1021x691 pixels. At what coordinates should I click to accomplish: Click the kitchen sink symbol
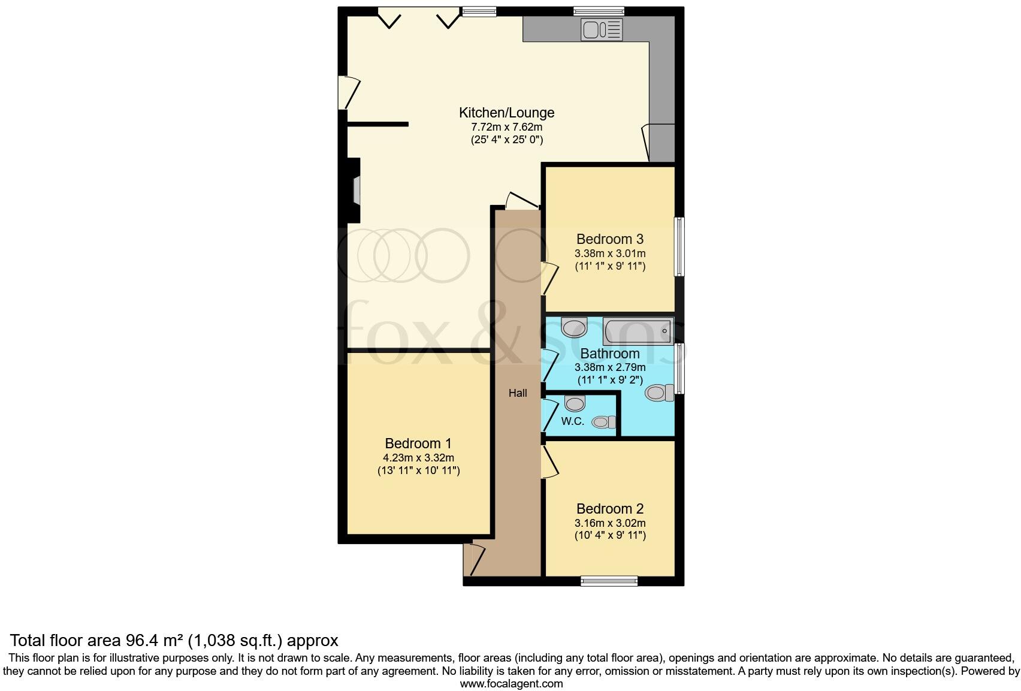(x=602, y=29)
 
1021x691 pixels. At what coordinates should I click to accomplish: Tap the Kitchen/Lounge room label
(x=506, y=113)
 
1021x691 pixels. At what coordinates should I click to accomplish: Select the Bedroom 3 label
(x=609, y=239)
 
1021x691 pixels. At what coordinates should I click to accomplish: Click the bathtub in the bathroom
(x=638, y=331)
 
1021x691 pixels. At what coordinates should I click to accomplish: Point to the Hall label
(x=518, y=393)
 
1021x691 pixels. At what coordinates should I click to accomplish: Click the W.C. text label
(x=572, y=421)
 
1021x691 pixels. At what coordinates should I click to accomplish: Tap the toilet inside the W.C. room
(x=603, y=423)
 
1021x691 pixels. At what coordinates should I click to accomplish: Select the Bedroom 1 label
(x=418, y=443)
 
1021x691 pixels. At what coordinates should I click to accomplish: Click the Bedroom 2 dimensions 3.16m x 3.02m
(x=610, y=523)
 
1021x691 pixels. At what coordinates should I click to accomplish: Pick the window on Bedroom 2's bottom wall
(x=609, y=580)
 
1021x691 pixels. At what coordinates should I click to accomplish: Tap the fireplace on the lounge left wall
(x=355, y=191)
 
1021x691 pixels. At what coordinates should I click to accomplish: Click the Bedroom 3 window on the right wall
(x=679, y=246)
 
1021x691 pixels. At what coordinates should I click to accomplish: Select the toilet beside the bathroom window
(x=657, y=393)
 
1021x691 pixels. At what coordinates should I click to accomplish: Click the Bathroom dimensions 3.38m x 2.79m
(x=610, y=367)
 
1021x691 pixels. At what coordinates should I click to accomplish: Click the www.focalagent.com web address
(x=511, y=683)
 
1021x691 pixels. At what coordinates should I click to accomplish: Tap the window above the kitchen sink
(x=599, y=11)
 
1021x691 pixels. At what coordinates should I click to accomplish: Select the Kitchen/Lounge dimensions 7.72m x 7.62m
(x=506, y=127)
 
